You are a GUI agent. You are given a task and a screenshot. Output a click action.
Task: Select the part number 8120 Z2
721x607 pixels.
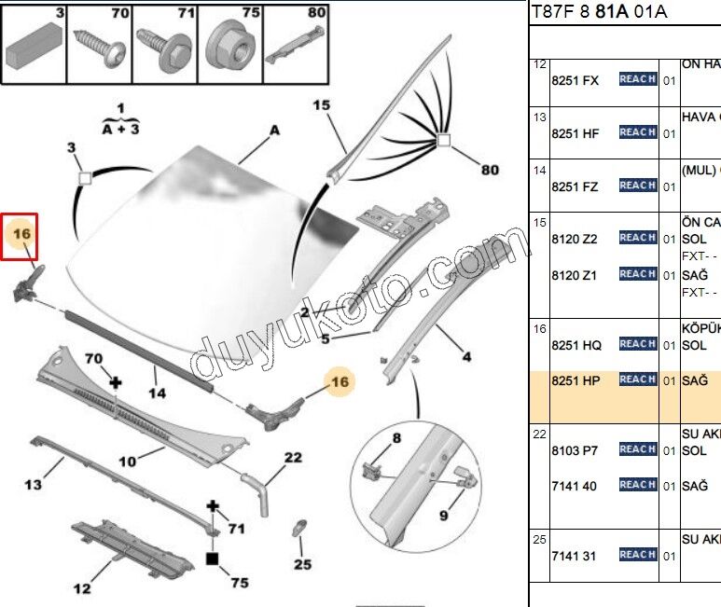click(x=575, y=239)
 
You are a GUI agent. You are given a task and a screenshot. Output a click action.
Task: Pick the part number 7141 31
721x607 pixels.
click(x=574, y=556)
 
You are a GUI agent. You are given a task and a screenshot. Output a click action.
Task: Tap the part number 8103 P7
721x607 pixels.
click(x=575, y=450)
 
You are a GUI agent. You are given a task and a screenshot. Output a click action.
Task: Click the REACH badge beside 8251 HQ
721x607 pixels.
click(x=638, y=344)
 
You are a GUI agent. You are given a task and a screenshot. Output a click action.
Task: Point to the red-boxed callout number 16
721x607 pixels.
click(x=22, y=233)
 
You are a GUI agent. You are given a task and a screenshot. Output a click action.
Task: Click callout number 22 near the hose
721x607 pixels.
click(x=293, y=458)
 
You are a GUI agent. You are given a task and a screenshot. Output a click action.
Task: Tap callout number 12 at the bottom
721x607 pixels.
click(x=83, y=587)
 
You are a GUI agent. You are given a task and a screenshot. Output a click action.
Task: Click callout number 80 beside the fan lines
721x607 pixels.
click(x=489, y=170)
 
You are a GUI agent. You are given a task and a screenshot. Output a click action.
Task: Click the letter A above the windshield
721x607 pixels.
click(x=274, y=131)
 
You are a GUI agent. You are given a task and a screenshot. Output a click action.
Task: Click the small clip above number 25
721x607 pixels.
click(x=300, y=529)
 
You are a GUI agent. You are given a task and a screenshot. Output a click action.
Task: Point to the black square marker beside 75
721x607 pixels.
click(x=213, y=559)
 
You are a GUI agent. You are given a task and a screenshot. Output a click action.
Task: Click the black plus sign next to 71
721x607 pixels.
click(x=213, y=506)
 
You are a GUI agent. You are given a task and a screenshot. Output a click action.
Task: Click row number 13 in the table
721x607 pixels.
click(x=540, y=117)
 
